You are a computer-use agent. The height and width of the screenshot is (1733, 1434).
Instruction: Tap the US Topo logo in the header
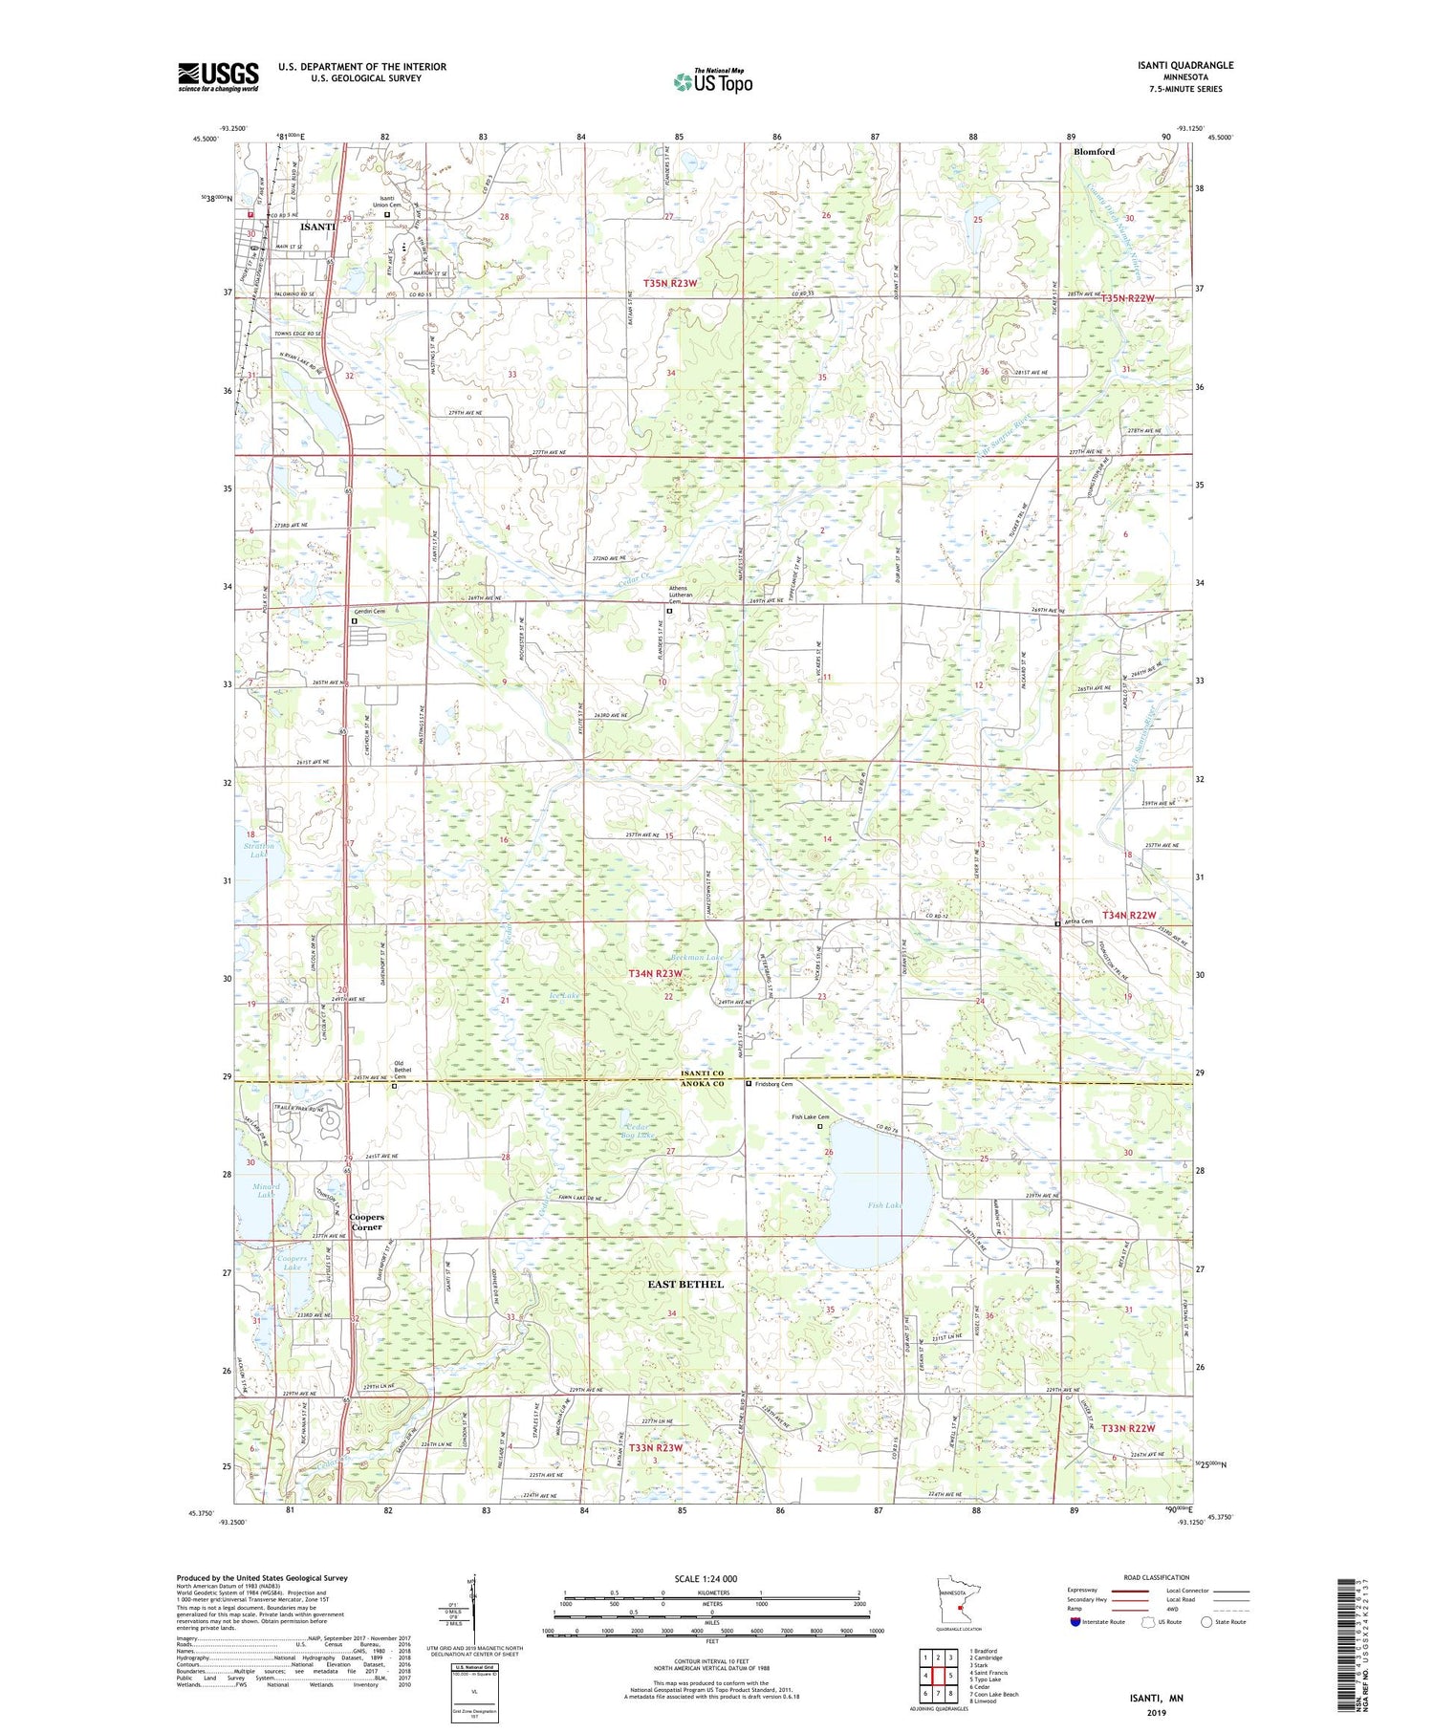[712, 82]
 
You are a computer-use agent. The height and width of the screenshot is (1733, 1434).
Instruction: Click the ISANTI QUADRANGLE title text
[1184, 65]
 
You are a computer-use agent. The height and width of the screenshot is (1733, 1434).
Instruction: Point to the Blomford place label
[1094, 152]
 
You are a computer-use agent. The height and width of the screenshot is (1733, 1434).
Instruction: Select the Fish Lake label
[885, 1205]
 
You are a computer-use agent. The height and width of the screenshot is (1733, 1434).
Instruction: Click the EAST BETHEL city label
[685, 1284]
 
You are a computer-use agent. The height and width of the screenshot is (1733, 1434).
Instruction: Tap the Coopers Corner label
[366, 1222]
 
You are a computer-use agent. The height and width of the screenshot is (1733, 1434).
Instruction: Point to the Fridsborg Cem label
[773, 1084]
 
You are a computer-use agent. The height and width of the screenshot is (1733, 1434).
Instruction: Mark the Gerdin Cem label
[369, 611]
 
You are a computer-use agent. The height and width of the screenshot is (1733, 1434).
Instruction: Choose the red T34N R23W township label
[657, 973]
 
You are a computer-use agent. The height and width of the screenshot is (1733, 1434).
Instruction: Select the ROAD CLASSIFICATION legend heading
[1157, 1578]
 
